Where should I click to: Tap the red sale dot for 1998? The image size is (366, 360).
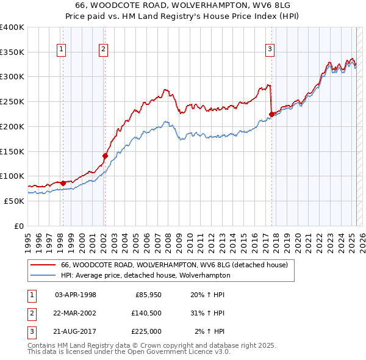[x=63, y=182]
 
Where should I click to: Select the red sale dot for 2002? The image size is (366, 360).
[x=105, y=156]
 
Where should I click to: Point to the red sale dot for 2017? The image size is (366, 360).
[x=272, y=113]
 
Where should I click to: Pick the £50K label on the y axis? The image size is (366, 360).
[x=15, y=201]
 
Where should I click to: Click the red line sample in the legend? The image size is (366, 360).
[x=43, y=265]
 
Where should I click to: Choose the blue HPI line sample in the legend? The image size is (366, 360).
[x=43, y=275]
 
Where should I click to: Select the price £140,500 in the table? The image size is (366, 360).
[x=145, y=313]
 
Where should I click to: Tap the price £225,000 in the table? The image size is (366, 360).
[x=145, y=331]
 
